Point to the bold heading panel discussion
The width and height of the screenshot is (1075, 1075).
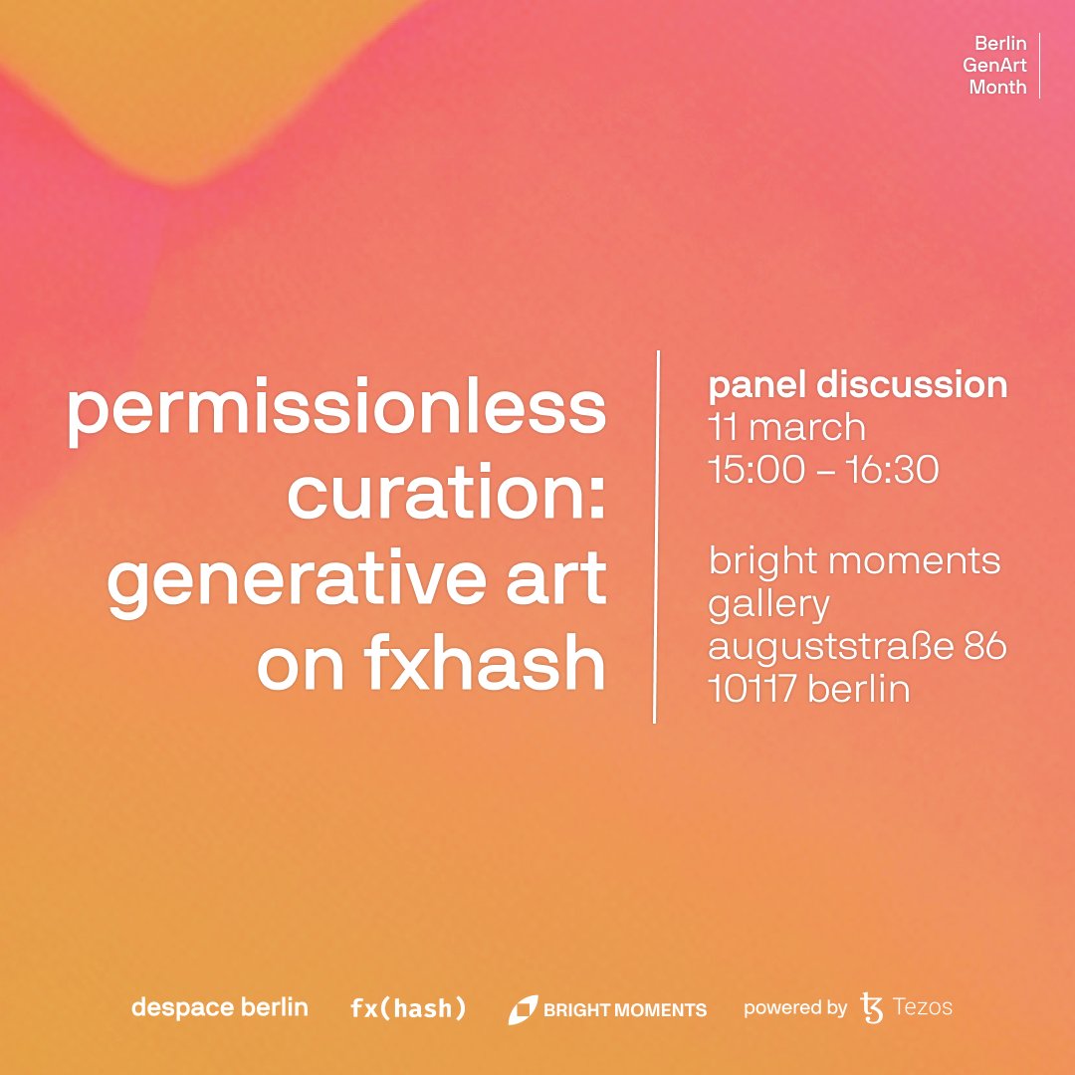857,386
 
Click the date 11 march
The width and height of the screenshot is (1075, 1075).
786,428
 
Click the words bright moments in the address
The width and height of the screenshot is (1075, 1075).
854,561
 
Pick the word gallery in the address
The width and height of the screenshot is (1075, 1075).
768,604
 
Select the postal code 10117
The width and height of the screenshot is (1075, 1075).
752,689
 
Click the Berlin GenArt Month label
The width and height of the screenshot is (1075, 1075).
998,66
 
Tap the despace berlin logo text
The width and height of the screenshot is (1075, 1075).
219,1007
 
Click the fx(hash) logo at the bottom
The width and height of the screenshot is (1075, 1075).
408,1008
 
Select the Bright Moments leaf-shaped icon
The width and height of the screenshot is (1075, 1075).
523,1009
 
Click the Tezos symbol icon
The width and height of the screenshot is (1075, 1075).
872,1007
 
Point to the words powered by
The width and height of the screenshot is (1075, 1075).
794,1008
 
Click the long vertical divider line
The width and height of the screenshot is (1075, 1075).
656,537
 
